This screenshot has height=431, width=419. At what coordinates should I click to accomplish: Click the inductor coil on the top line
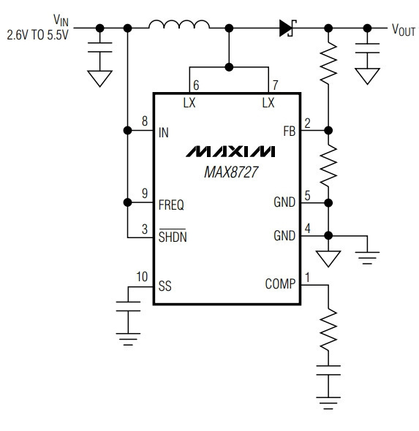179,24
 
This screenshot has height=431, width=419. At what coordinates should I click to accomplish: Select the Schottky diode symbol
287,28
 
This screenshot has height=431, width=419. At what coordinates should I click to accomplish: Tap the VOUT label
404,30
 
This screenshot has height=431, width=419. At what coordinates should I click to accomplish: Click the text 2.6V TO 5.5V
37,35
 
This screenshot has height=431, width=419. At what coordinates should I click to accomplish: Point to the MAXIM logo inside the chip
230,151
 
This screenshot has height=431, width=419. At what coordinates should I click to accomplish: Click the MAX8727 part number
231,172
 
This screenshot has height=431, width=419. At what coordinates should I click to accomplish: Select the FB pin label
289,131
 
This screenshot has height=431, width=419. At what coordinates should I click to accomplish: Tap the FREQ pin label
171,205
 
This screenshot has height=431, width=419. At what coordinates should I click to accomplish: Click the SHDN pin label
173,237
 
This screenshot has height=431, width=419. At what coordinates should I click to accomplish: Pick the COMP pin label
280,284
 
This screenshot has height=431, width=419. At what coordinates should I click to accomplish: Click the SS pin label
165,286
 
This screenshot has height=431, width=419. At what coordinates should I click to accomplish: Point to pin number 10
142,277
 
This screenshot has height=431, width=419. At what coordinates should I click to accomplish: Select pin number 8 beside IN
145,121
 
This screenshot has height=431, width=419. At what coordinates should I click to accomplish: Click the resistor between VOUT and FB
328,63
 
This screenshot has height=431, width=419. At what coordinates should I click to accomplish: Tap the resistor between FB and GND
328,166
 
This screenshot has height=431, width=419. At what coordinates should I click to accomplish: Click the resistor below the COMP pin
328,329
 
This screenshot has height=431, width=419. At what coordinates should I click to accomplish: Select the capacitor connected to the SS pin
128,306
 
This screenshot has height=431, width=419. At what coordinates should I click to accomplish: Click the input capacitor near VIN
100,47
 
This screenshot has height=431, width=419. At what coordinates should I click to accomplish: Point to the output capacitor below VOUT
367,47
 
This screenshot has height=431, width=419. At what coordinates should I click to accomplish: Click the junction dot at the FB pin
328,130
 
